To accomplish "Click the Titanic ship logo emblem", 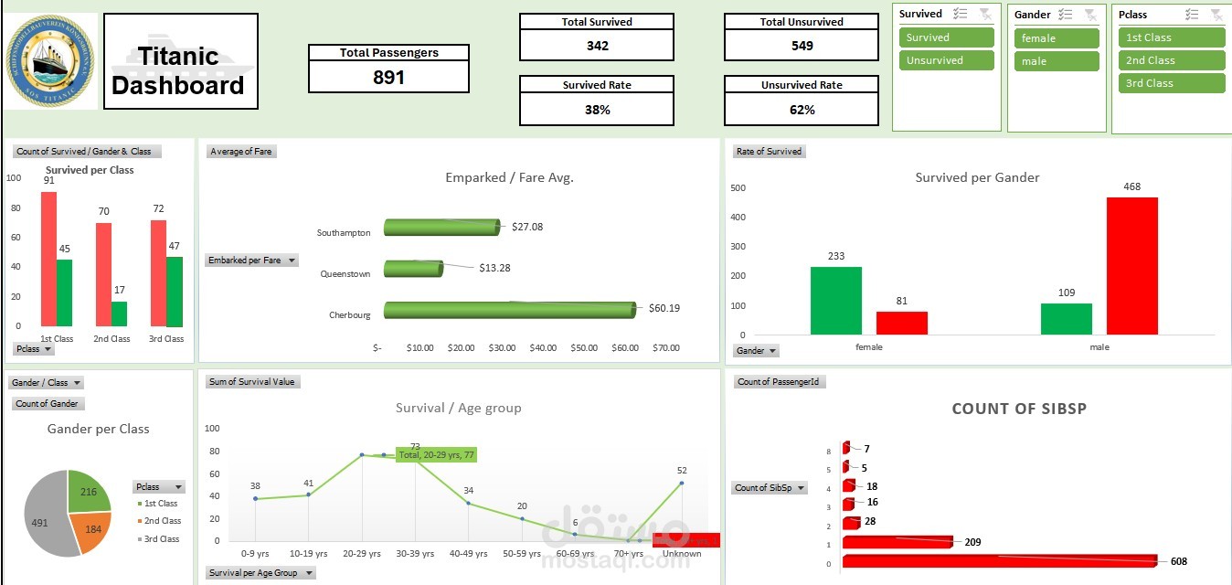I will point(50,61).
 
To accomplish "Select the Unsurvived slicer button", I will point(946,60).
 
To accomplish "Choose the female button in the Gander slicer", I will point(1056,38).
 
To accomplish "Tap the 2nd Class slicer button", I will point(1171,60).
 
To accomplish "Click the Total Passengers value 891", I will point(388,78).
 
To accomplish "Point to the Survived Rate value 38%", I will point(597,110).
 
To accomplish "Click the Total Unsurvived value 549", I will point(802,46).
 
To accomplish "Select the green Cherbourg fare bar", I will point(508,310).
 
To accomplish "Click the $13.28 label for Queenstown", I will point(494,268).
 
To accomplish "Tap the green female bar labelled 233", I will point(835,301).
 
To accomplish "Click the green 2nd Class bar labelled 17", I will point(120,314).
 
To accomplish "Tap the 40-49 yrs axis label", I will point(469,554).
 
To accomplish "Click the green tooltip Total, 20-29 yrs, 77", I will point(436,454).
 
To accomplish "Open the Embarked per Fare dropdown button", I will point(292,261).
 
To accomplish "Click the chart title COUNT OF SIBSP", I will point(1019,409).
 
